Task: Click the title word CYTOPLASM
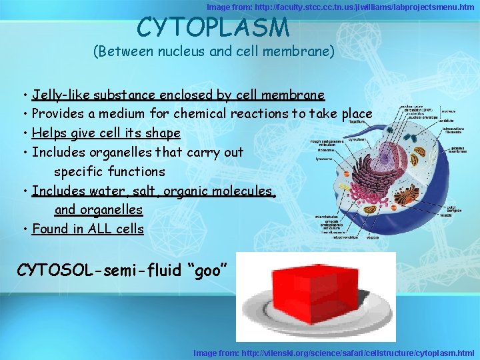point(213,27)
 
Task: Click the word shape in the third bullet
point(163,133)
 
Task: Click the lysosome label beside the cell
point(325,159)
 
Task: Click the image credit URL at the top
point(340,7)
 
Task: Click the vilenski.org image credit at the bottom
point(333,353)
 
